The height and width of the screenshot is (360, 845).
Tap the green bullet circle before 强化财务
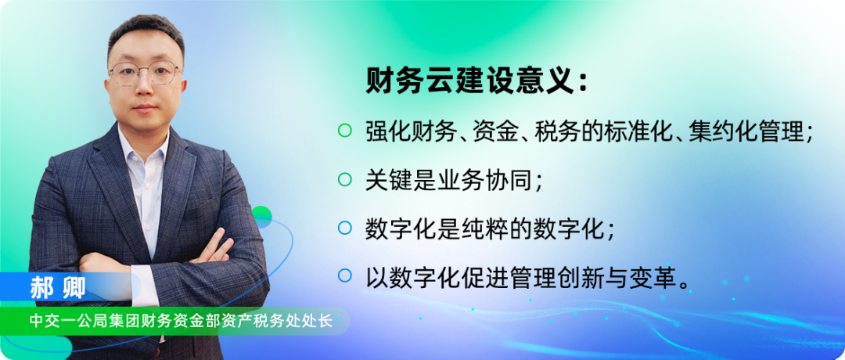344,131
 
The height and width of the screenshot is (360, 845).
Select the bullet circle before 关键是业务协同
344,179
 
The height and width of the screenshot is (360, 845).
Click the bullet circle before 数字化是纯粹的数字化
344,228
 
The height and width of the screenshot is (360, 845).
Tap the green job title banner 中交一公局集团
181,322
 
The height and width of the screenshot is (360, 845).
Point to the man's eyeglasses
145,74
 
